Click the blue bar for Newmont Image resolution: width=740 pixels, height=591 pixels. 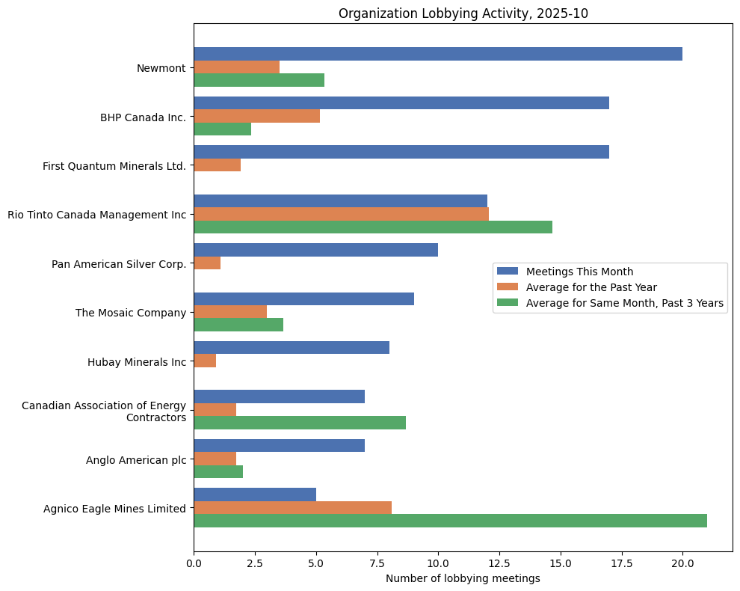437,54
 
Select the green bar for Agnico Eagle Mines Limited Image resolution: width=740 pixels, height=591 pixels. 450,521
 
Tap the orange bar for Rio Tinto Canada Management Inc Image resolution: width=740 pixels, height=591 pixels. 341,214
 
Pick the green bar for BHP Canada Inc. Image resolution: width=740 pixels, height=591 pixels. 222,129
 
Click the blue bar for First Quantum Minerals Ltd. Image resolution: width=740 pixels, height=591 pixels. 401,152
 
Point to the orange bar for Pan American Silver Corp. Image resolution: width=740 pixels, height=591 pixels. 207,263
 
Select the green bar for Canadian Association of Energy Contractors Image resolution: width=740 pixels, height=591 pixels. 300,423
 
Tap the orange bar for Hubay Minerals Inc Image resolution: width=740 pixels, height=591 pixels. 205,361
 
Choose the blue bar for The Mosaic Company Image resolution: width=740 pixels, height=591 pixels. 303,298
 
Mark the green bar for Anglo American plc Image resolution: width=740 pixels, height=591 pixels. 218,471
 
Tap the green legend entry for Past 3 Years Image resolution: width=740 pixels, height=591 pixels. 625,303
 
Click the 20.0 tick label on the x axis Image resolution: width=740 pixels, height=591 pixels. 682,564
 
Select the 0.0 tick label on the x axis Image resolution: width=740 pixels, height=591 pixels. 194,564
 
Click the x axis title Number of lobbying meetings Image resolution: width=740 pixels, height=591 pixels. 463,578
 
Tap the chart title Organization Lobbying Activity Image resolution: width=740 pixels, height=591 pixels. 463,13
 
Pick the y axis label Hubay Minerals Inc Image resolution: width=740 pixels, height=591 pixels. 137,361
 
